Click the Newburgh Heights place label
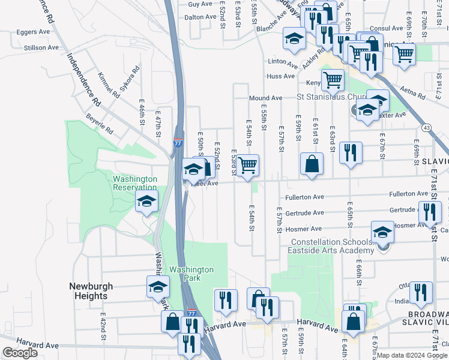(x=88, y=291)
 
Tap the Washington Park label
(x=191, y=274)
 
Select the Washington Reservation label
(x=135, y=183)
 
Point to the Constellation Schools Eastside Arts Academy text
(x=332, y=247)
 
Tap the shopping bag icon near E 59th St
(x=312, y=164)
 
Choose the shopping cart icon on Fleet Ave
(x=247, y=166)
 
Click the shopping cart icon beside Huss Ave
(x=332, y=79)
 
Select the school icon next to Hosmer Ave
(x=383, y=232)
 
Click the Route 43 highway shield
(x=426, y=128)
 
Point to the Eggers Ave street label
(x=37, y=31)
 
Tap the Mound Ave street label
(x=265, y=98)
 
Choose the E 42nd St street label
(x=103, y=334)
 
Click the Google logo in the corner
(x=20, y=353)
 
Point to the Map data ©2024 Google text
(x=412, y=355)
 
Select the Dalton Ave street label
(x=200, y=17)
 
